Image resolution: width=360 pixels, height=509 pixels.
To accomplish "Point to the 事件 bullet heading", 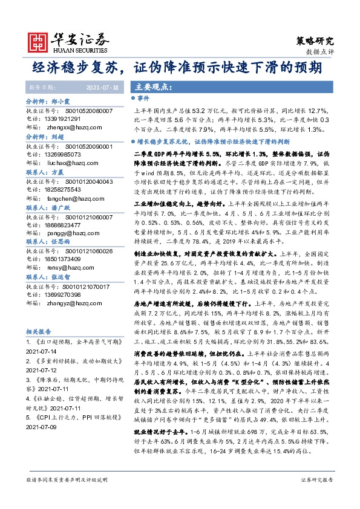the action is click(143, 98).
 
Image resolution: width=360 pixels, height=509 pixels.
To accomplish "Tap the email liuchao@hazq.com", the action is click(74, 163).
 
